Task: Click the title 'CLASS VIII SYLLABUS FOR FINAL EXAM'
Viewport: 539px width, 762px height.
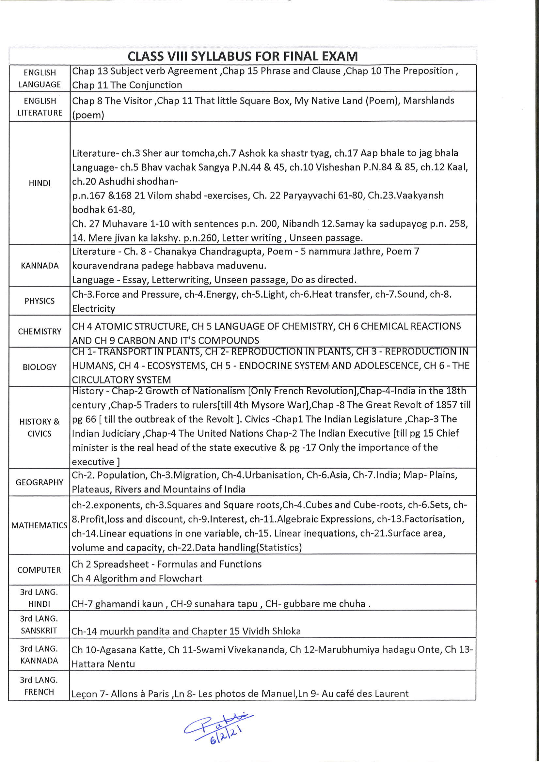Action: pos(243,56)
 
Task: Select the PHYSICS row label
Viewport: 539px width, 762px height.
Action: pos(40,301)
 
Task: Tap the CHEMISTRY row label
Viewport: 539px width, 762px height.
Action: pos(40,332)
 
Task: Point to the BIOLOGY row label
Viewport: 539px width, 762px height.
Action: pos(40,367)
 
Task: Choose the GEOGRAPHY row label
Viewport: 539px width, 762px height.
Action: pos(39,482)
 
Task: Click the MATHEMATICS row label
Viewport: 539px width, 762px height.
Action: pos(39,525)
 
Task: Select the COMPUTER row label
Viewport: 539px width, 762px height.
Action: pos(39,570)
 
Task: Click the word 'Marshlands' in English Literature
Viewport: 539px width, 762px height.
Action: pos(428,101)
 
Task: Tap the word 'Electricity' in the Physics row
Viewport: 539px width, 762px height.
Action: pos(93,309)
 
